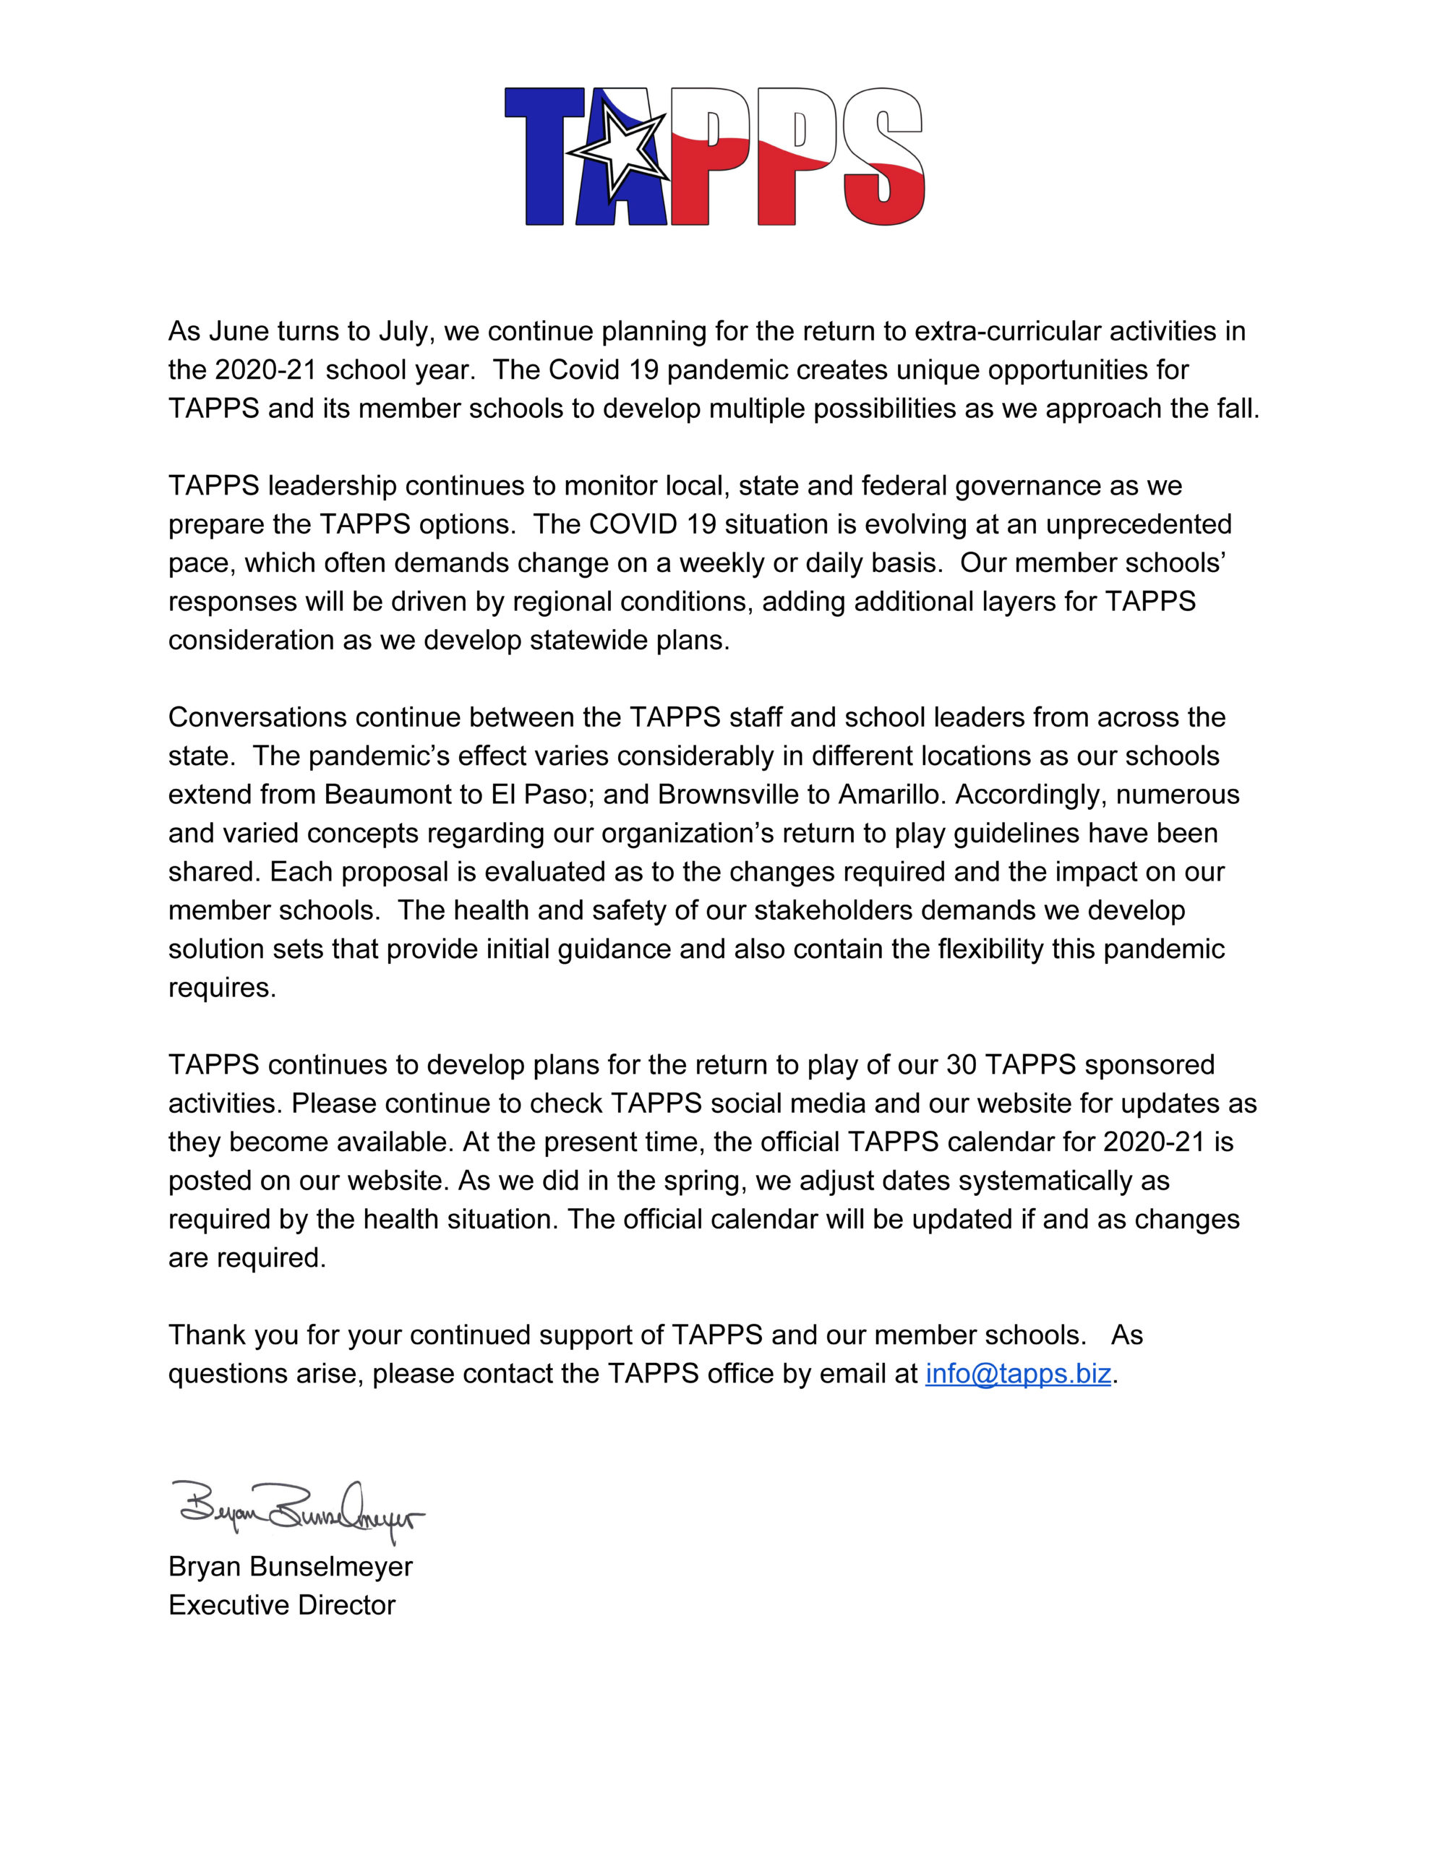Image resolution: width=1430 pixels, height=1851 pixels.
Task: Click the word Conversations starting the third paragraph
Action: [257, 718]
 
